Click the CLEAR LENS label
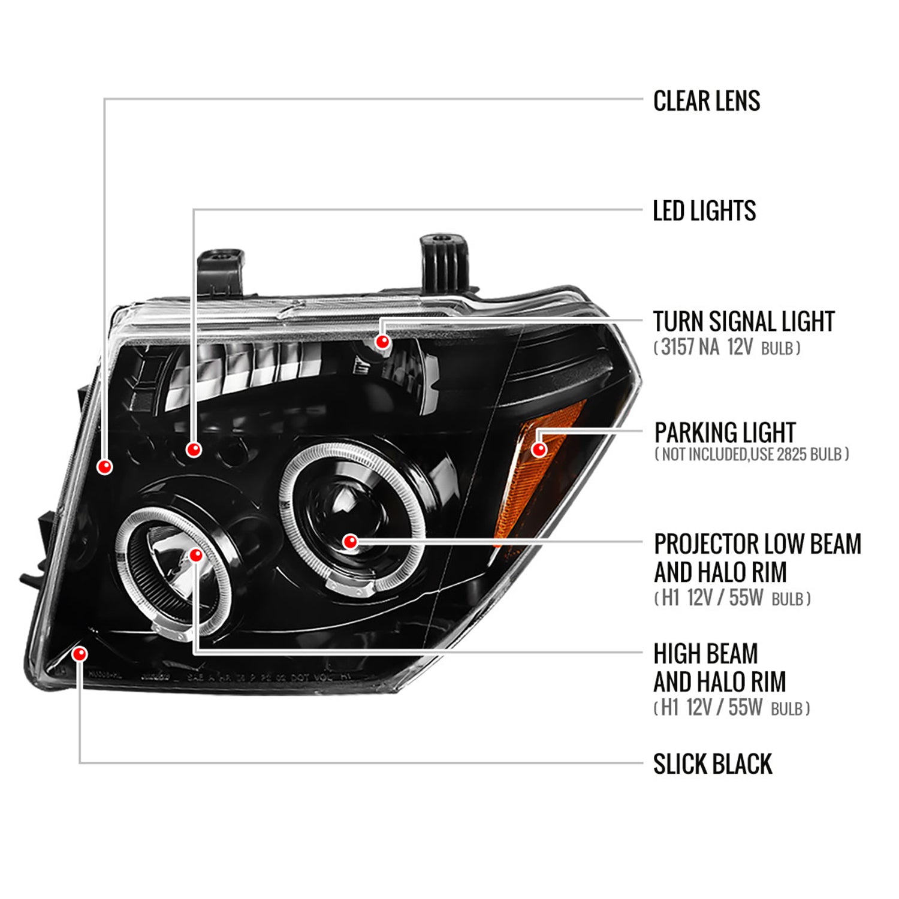tap(706, 101)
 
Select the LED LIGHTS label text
tap(704, 211)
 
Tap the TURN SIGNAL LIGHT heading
tap(743, 322)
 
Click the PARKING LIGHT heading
tap(725, 432)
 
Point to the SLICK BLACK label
tap(712, 764)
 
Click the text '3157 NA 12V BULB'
tap(727, 348)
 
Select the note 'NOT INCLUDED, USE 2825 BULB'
tap(752, 454)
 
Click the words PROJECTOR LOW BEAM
tap(757, 544)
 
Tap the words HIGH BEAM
tap(705, 654)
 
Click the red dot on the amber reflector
tap(539, 449)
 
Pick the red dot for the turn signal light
tap(382, 342)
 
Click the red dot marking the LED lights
tap(194, 449)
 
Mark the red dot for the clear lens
tap(105, 466)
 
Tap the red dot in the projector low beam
tap(351, 542)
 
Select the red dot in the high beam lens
tap(195, 556)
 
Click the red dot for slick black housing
tap(79, 653)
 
